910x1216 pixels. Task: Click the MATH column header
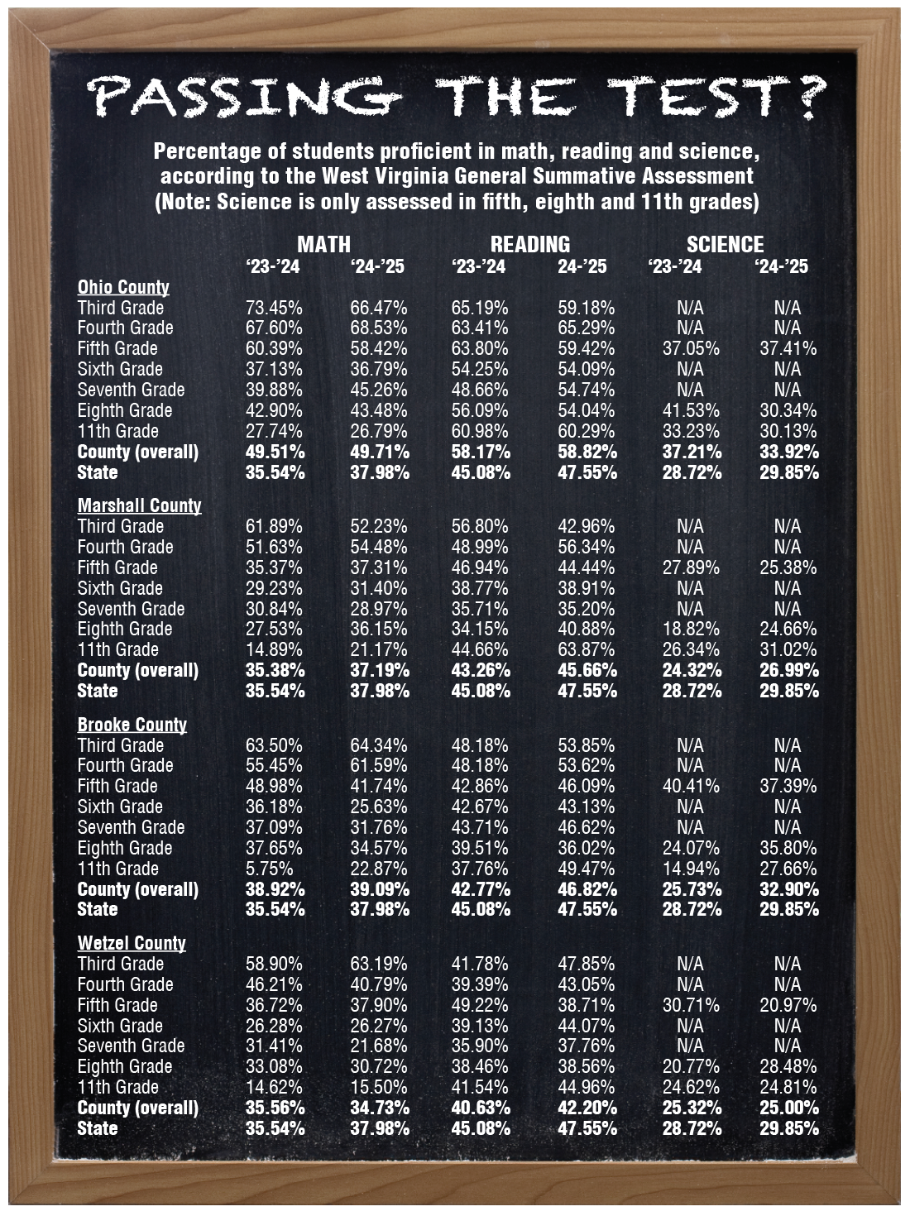click(323, 244)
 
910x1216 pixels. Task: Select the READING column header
click(529, 244)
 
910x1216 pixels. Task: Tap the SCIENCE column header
click(725, 244)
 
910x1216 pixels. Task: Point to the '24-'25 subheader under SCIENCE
click(781, 266)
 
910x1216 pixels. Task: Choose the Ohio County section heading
click(123, 287)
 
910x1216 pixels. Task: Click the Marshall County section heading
click(139, 505)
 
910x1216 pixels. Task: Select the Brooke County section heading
click(132, 725)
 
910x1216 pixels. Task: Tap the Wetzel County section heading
click(131, 943)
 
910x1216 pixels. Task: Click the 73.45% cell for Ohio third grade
click(274, 308)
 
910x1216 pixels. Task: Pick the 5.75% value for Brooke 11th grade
click(269, 869)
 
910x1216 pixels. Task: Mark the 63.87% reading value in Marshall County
click(586, 649)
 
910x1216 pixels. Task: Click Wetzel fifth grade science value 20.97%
click(788, 1005)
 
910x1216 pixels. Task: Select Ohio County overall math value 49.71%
click(379, 452)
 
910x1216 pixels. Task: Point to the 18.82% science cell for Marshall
click(690, 629)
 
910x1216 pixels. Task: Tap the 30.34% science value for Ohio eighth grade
click(788, 410)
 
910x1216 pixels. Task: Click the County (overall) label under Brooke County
click(137, 889)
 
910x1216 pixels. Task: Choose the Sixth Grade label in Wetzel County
click(120, 1026)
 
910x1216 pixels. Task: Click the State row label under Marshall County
click(97, 691)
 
